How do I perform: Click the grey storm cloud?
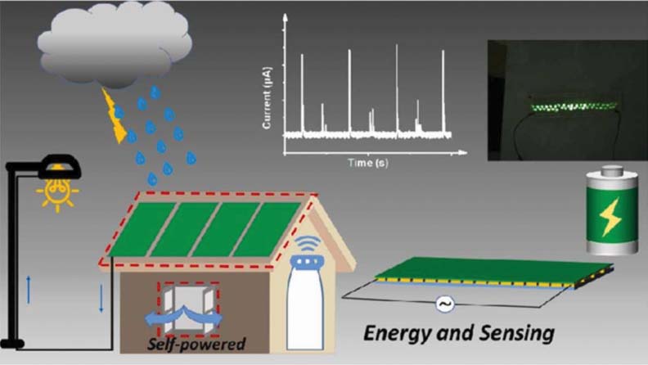coord(115,45)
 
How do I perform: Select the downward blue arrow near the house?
coord(101,296)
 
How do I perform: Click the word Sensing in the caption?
coord(515,333)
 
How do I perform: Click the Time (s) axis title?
coord(369,163)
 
